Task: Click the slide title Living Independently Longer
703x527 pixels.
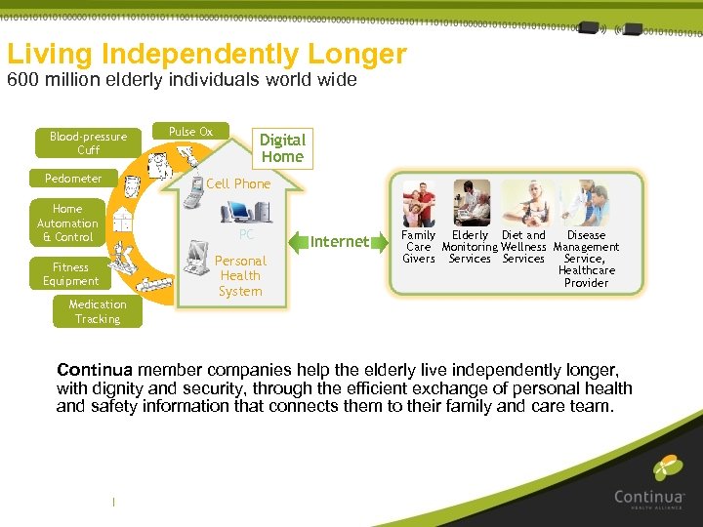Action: [x=207, y=54]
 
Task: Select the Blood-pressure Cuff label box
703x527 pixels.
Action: [x=89, y=142]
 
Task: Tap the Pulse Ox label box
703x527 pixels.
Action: [x=190, y=132]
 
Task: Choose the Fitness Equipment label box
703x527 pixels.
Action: [x=70, y=274]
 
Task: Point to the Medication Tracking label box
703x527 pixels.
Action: [x=98, y=311]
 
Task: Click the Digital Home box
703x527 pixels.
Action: [x=282, y=148]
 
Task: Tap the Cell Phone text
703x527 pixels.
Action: [x=238, y=183]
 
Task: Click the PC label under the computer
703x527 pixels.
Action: [x=246, y=235]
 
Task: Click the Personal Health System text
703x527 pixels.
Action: [x=240, y=275]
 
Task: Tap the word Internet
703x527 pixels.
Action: [x=340, y=241]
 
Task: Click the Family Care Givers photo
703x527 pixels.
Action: [x=419, y=202]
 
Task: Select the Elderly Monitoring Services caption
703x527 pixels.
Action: [x=470, y=247]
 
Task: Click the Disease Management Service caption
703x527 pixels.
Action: [x=586, y=259]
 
